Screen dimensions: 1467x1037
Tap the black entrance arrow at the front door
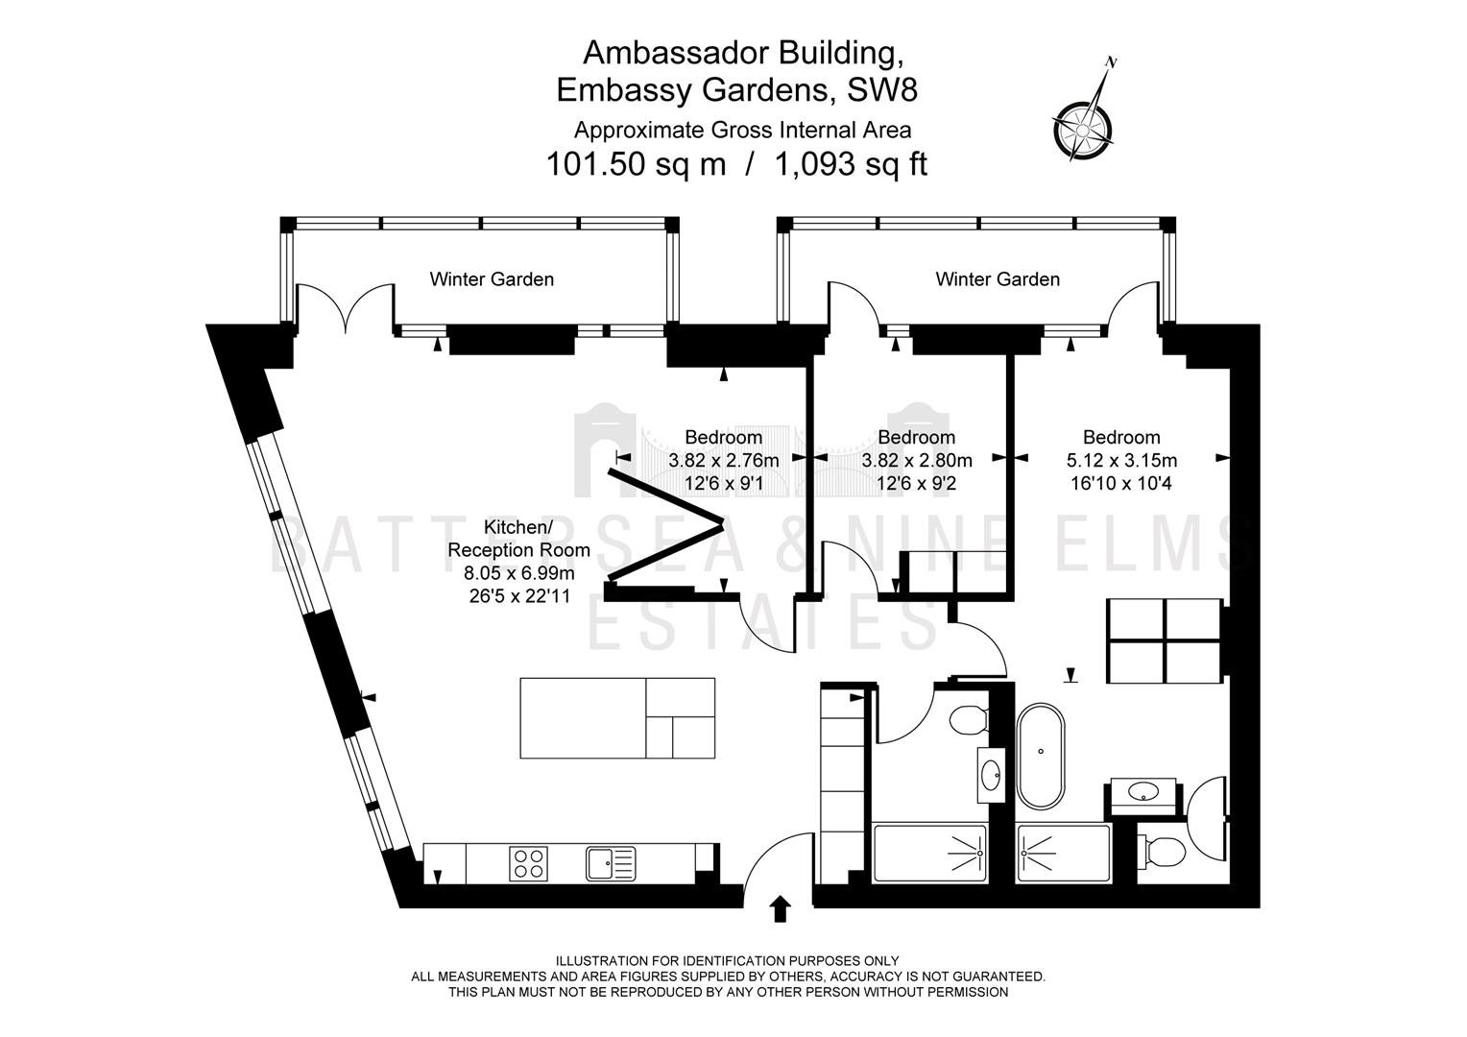(x=780, y=909)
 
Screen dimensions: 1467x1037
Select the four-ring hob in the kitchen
(x=528, y=863)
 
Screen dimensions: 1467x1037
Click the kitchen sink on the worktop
(x=611, y=863)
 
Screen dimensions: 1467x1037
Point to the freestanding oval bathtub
(x=1041, y=757)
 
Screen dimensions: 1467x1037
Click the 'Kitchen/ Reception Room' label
(x=518, y=539)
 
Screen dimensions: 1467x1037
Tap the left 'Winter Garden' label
(x=492, y=279)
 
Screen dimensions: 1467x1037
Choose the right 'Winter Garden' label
(x=998, y=279)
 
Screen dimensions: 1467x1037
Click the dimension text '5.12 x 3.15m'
(x=1122, y=461)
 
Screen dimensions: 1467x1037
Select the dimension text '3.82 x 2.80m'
(x=916, y=461)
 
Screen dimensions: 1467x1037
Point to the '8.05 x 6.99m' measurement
(x=518, y=573)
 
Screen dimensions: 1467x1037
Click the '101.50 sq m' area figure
(x=636, y=164)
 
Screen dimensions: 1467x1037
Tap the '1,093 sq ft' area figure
(x=851, y=164)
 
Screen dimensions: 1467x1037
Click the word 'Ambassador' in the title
(x=677, y=53)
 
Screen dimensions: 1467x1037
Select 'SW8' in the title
(x=882, y=90)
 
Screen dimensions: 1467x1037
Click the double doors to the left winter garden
(x=345, y=308)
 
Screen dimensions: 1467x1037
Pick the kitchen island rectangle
(x=617, y=718)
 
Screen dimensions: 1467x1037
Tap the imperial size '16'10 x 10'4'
(x=1121, y=484)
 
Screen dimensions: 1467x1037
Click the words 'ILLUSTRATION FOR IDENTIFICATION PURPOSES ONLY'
(x=727, y=961)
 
